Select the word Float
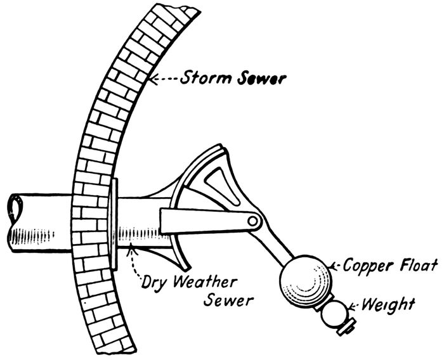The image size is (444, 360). [416, 266]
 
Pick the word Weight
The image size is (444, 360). [389, 305]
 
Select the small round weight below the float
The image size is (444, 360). [334, 312]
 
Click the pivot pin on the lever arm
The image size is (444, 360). [254, 221]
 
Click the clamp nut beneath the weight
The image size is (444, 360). [346, 327]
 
